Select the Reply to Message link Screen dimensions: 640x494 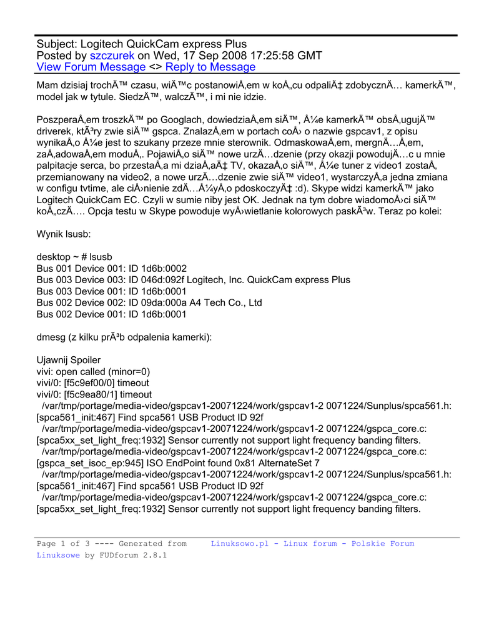point(210,67)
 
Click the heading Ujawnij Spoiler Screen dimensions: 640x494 point(69,360)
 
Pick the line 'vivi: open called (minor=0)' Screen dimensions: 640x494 point(94,371)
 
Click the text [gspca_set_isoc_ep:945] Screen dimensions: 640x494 point(91,463)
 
